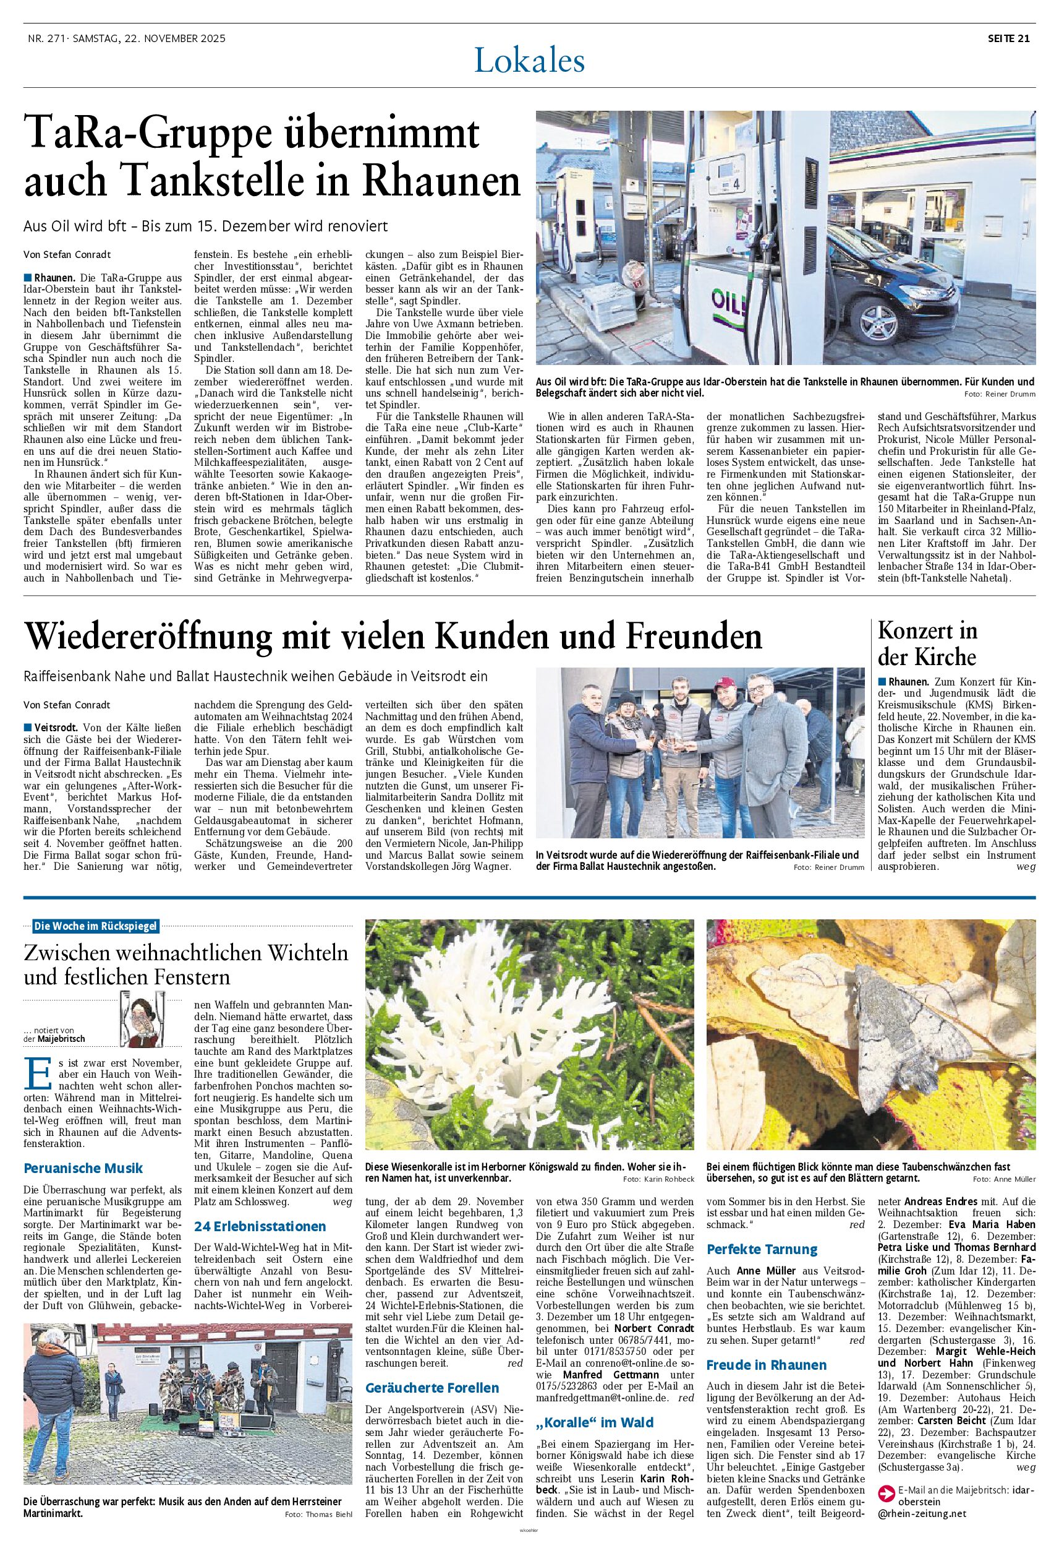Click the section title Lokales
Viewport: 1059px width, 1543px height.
[x=529, y=62]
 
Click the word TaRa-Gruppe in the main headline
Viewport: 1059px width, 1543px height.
[x=145, y=134]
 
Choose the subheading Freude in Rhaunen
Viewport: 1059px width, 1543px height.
[x=767, y=1365]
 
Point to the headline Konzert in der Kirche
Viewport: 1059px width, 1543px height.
[x=927, y=643]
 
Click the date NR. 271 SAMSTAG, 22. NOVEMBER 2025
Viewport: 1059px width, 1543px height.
[x=126, y=38]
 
